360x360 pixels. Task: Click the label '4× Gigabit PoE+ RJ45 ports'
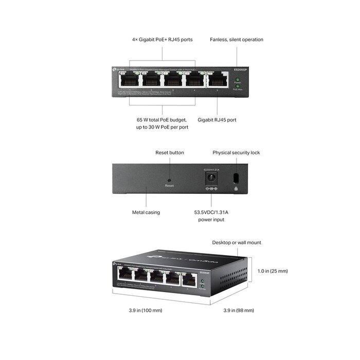[x=161, y=40]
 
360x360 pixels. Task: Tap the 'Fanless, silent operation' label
[x=237, y=40]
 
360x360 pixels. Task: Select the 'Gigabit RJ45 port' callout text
[x=217, y=120]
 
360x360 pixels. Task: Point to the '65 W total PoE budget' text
[x=161, y=120]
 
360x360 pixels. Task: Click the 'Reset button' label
[x=169, y=153]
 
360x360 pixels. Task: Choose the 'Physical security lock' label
[x=236, y=153]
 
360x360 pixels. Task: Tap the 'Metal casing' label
[x=146, y=212]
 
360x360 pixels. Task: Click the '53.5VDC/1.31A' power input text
[x=212, y=212]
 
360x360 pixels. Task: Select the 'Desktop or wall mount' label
[x=237, y=242]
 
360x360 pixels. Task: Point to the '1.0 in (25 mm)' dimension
[x=272, y=271]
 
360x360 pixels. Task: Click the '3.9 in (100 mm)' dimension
[x=145, y=310]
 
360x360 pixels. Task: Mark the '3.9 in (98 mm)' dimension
[x=239, y=310]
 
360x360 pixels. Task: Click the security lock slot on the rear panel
[x=236, y=178]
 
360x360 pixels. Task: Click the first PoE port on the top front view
[x=128, y=80]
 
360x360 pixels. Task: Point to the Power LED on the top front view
[x=237, y=79]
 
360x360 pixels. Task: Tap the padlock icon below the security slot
[x=236, y=189]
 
